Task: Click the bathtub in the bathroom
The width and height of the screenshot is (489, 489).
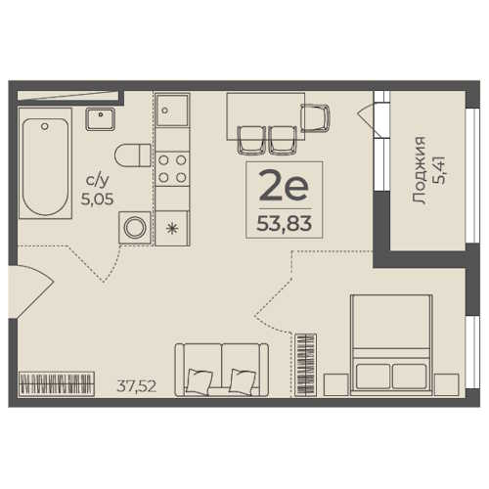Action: click(45, 163)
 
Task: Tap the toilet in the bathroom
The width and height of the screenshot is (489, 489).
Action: click(132, 156)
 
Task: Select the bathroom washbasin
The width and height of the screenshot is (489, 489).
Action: click(101, 119)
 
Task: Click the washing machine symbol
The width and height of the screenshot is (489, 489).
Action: click(135, 228)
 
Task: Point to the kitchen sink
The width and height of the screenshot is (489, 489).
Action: click(172, 110)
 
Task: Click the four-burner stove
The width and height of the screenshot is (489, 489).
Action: click(172, 169)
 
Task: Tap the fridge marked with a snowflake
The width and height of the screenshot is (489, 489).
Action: click(172, 228)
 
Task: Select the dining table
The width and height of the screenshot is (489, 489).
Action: click(266, 116)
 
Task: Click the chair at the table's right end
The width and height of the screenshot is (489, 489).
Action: click(314, 117)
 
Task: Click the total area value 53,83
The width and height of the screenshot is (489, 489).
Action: click(285, 224)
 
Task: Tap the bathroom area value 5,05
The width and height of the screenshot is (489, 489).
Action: click(97, 199)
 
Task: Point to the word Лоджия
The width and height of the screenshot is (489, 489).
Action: click(420, 170)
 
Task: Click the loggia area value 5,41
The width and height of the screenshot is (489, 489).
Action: click(441, 170)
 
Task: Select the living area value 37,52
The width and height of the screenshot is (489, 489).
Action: click(137, 386)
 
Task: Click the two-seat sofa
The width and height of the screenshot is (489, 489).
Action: click(222, 370)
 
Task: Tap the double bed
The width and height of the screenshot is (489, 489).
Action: click(391, 345)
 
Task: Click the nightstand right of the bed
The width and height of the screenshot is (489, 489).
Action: click(447, 385)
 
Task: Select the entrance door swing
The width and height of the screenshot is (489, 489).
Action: click(31, 290)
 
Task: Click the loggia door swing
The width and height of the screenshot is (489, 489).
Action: click(366, 120)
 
